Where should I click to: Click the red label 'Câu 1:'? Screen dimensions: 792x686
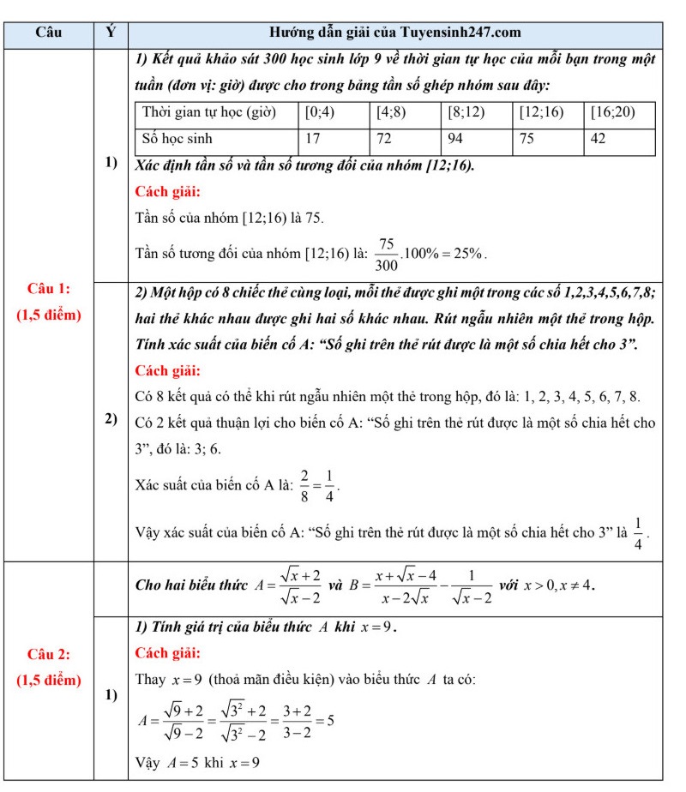49,288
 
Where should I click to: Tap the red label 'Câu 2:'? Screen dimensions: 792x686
49,655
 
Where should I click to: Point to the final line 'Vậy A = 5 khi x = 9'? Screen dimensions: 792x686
198,762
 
